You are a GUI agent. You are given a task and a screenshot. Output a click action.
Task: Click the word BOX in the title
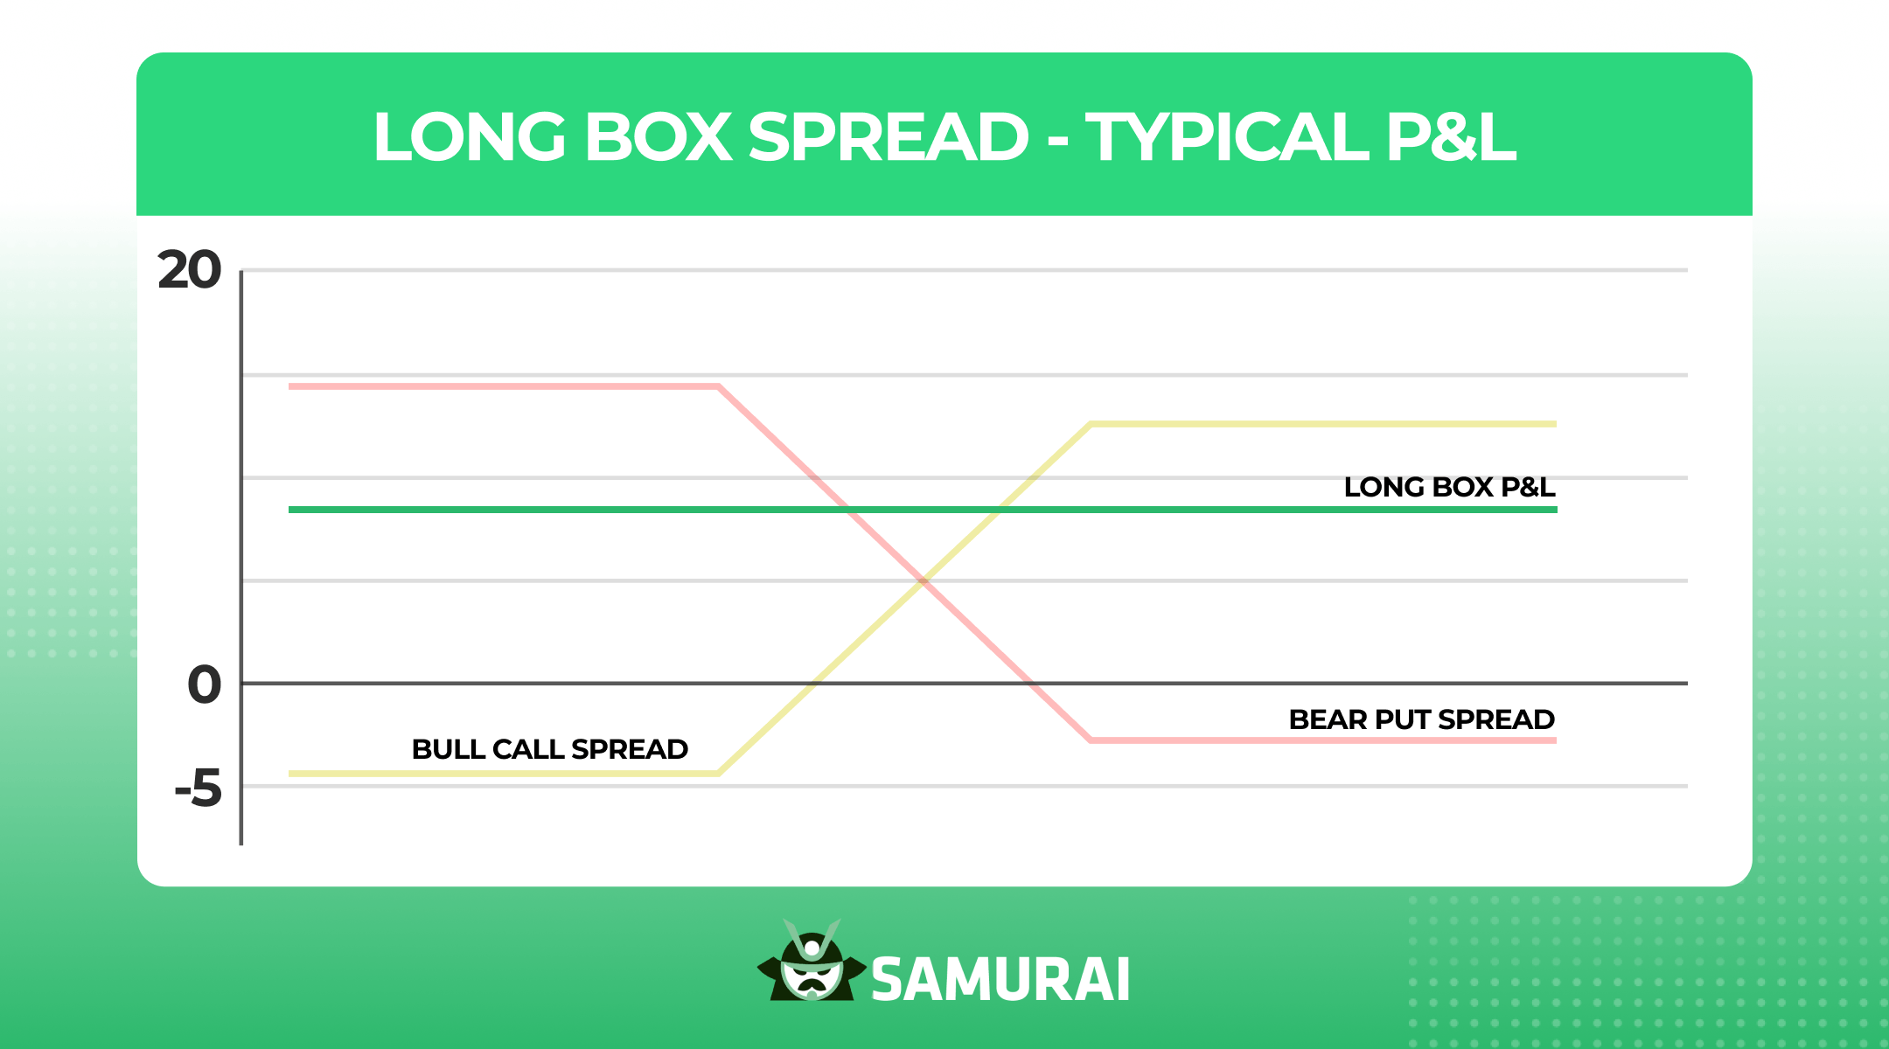pos(658,137)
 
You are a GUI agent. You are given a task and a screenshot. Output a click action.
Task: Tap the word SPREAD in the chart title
pos(889,137)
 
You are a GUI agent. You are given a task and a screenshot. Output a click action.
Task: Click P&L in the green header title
pos(1451,137)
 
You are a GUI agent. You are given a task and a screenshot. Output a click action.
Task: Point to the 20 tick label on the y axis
pos(190,270)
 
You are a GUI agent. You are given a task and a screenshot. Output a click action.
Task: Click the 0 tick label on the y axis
pos(205,684)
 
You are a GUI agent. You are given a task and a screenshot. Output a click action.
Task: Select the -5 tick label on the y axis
pos(199,788)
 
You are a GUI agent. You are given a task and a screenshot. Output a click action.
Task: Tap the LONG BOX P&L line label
pos(1449,487)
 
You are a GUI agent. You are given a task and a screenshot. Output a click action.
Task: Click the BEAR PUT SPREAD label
pos(1421,719)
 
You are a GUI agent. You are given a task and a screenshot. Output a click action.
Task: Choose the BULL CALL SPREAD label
pos(549,749)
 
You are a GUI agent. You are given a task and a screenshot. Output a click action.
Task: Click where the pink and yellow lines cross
pos(922,580)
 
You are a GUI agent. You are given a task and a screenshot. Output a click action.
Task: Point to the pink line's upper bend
pos(718,386)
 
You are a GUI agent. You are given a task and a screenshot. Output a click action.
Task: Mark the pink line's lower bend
pos(1091,740)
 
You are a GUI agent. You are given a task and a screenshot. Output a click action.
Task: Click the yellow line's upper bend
pos(1091,425)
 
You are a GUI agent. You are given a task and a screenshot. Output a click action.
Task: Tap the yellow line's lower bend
pos(718,773)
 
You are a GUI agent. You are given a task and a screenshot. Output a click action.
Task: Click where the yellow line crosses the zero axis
pos(815,683)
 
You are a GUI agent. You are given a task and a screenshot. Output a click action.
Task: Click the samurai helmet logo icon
pos(812,963)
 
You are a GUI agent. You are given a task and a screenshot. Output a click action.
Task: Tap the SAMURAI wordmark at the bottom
pos(1000,979)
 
